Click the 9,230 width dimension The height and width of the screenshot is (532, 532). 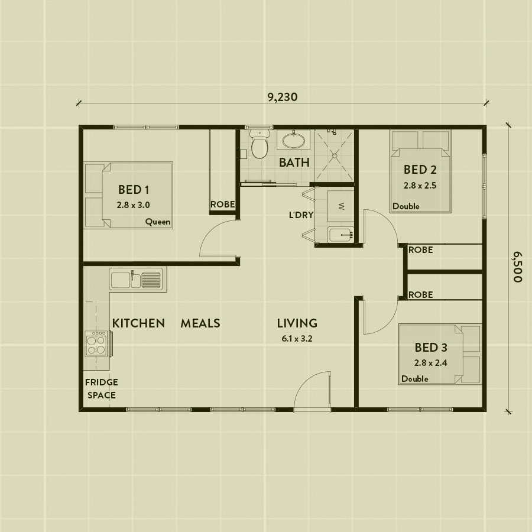(283, 97)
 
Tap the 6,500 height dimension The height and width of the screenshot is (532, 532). (517, 267)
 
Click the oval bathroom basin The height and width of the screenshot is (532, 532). (293, 141)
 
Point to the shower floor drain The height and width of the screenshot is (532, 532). (335, 155)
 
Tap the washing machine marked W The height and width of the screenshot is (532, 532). (341, 206)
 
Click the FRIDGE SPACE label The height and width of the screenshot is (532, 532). (102, 388)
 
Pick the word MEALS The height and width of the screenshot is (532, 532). (200, 323)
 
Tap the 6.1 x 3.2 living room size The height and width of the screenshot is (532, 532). (297, 339)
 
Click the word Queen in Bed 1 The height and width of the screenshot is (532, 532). (158, 222)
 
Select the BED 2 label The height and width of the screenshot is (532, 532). (420, 170)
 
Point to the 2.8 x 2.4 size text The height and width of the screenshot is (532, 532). (430, 363)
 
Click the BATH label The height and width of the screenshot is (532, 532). (294, 163)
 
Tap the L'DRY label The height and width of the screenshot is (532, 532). (301, 215)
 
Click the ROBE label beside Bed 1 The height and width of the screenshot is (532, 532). (223, 205)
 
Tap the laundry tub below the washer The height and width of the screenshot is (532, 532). (340, 235)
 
